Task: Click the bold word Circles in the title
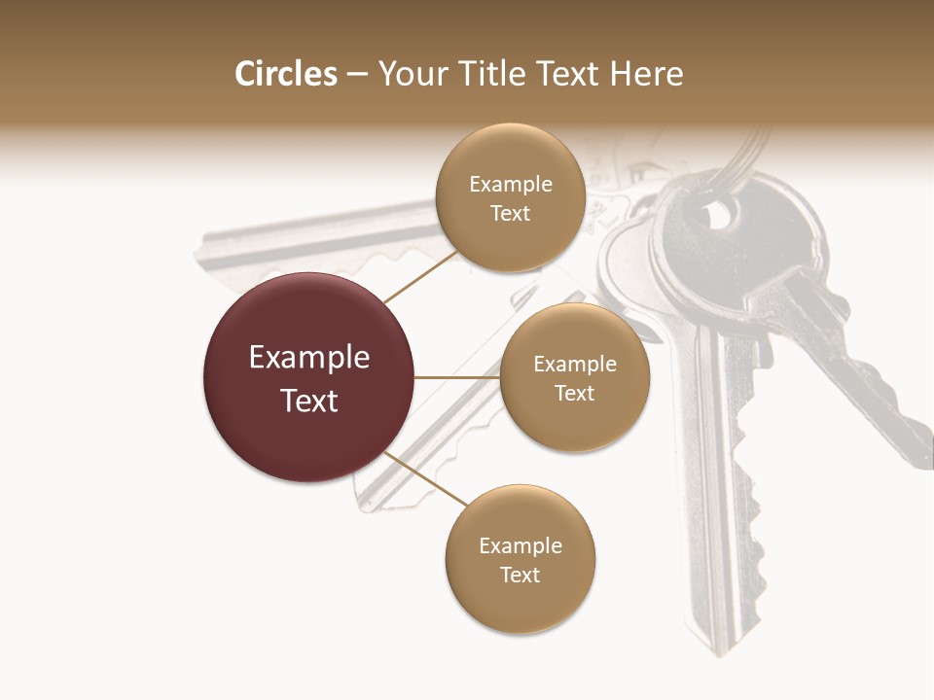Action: pyautogui.click(x=286, y=74)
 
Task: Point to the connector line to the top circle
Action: pyautogui.click(x=420, y=277)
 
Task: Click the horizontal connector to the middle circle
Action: pyautogui.click(x=457, y=376)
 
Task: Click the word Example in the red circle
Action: pyautogui.click(x=309, y=358)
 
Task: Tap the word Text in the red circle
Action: pyautogui.click(x=309, y=401)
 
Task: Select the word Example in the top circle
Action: pyautogui.click(x=510, y=185)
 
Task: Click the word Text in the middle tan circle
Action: pyautogui.click(x=574, y=394)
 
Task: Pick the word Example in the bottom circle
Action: pyautogui.click(x=520, y=546)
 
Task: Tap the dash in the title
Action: pyautogui.click(x=357, y=74)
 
